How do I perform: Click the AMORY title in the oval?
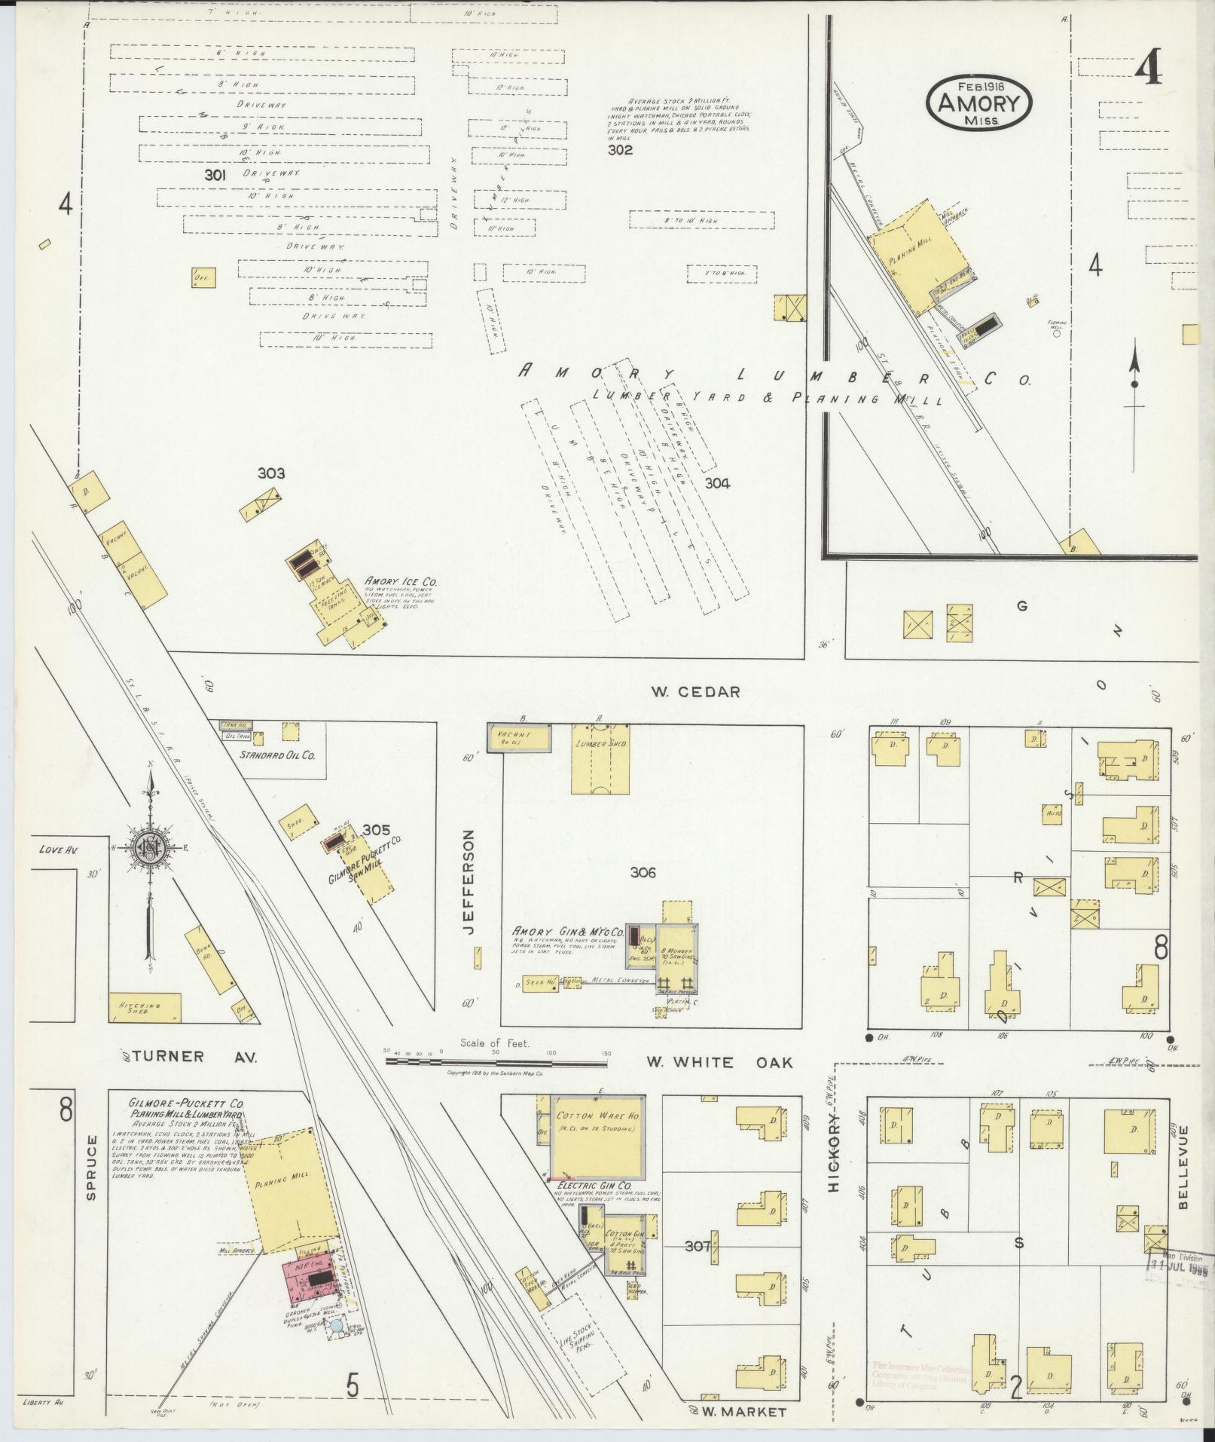(978, 103)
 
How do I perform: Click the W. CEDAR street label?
(698, 691)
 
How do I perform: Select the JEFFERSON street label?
(470, 883)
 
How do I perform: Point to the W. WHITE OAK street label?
(719, 1062)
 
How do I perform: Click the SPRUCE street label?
(91, 1178)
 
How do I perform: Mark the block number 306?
(643, 873)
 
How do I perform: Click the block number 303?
(271, 473)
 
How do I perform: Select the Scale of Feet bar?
(496, 1062)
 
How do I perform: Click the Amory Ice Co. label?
(400, 582)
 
